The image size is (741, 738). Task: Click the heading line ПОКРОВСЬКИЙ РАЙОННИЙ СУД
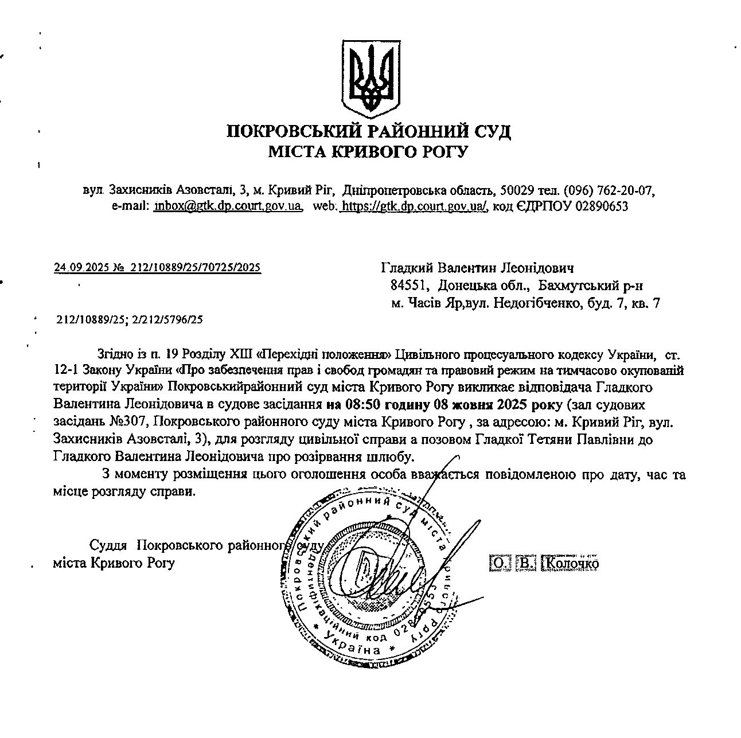pyautogui.click(x=369, y=132)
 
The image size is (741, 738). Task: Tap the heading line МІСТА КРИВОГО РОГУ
pyautogui.click(x=369, y=152)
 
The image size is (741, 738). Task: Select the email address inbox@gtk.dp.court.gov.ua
pyautogui.click(x=228, y=206)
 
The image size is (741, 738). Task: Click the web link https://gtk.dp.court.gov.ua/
pyautogui.click(x=414, y=206)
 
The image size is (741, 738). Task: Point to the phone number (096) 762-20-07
pyautogui.click(x=609, y=190)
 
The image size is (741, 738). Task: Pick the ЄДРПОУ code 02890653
pyautogui.click(x=601, y=206)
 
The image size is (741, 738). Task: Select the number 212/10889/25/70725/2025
pyautogui.click(x=196, y=267)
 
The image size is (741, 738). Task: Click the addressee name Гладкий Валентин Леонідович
pyautogui.click(x=478, y=268)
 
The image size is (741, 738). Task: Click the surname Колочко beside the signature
pyautogui.click(x=570, y=564)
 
